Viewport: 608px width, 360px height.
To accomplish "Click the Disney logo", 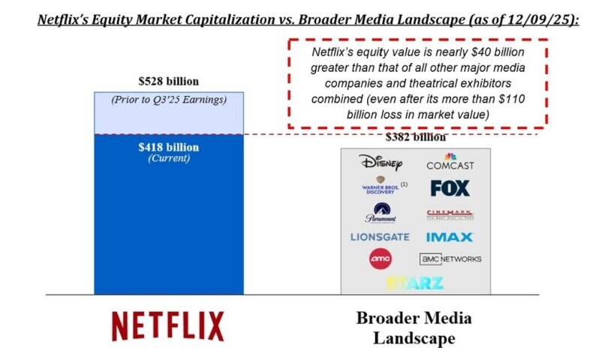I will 381,162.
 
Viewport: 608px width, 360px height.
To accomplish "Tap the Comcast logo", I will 450,161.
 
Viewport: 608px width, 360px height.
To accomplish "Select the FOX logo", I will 450,187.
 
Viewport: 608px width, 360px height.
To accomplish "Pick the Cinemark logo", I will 450,214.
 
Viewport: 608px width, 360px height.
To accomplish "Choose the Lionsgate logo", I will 380,237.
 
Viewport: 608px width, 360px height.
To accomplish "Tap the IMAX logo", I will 450,237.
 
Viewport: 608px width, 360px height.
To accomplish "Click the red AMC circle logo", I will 381,259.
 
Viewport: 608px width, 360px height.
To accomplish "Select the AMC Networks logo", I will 450,259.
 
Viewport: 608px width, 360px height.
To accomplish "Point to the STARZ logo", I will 415,283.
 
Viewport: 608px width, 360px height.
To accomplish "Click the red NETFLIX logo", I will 167,326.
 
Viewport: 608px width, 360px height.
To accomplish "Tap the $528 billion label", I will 167,81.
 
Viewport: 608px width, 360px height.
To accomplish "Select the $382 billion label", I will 415,137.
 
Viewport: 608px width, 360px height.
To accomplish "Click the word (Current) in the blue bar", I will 167,158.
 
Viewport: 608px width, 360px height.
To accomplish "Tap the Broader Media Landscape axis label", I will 415,328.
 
